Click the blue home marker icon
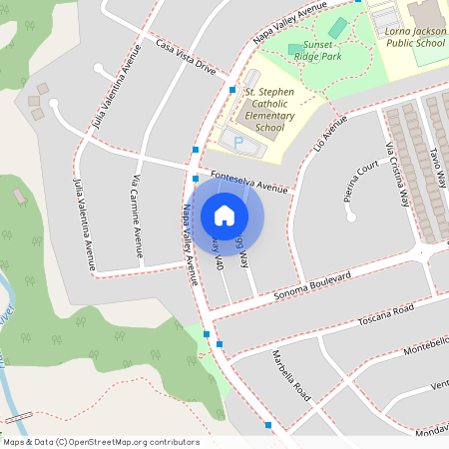point(224,215)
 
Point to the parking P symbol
point(237,143)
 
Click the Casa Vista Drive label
point(185,56)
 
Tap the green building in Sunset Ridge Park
point(338,28)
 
